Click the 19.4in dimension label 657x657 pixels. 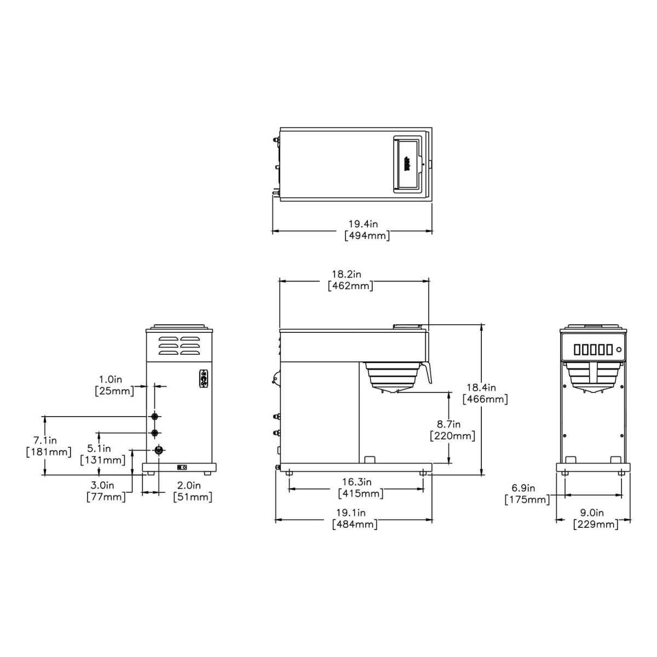(x=364, y=224)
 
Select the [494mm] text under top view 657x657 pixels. (x=367, y=236)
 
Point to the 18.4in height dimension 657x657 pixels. (x=485, y=388)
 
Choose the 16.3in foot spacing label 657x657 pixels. (x=357, y=482)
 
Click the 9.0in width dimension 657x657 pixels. (x=591, y=513)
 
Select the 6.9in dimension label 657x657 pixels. (x=523, y=488)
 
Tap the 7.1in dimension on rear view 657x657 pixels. (x=45, y=440)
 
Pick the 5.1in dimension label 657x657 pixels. (x=99, y=448)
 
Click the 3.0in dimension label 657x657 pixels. (x=102, y=485)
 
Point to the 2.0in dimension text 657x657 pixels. (x=189, y=485)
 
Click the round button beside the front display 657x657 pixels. (x=619, y=349)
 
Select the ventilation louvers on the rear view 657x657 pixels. (x=179, y=346)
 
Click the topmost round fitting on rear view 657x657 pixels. (x=155, y=417)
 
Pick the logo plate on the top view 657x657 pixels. (x=407, y=163)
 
